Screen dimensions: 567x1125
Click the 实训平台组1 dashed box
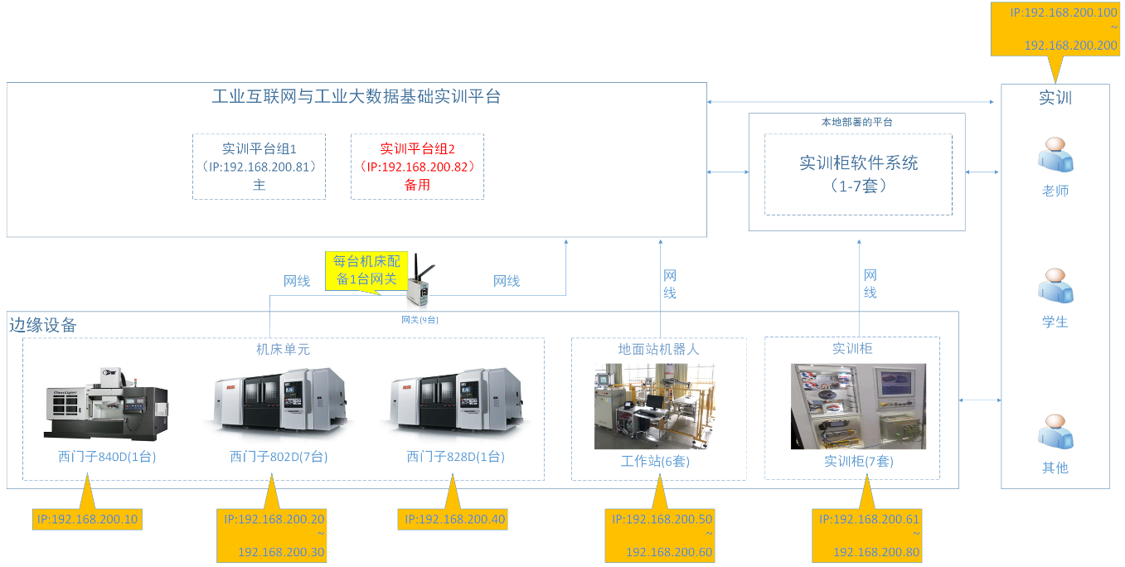pos(259,167)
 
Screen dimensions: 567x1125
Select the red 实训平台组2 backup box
pos(417,167)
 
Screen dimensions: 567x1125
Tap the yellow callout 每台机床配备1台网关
pos(366,270)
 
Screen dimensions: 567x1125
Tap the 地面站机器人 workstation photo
pos(655,406)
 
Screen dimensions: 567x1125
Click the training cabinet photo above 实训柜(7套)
pos(858,406)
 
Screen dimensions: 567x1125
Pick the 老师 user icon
pos(1055,155)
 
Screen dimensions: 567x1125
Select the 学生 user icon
pos(1055,287)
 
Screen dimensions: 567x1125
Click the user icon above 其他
pos(1055,433)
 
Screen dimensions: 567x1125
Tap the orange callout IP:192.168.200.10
pos(87,520)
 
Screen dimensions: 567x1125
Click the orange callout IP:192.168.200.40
pos(453,520)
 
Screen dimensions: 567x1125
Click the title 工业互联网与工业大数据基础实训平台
pos(356,97)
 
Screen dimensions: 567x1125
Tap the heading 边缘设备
pos(43,325)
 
